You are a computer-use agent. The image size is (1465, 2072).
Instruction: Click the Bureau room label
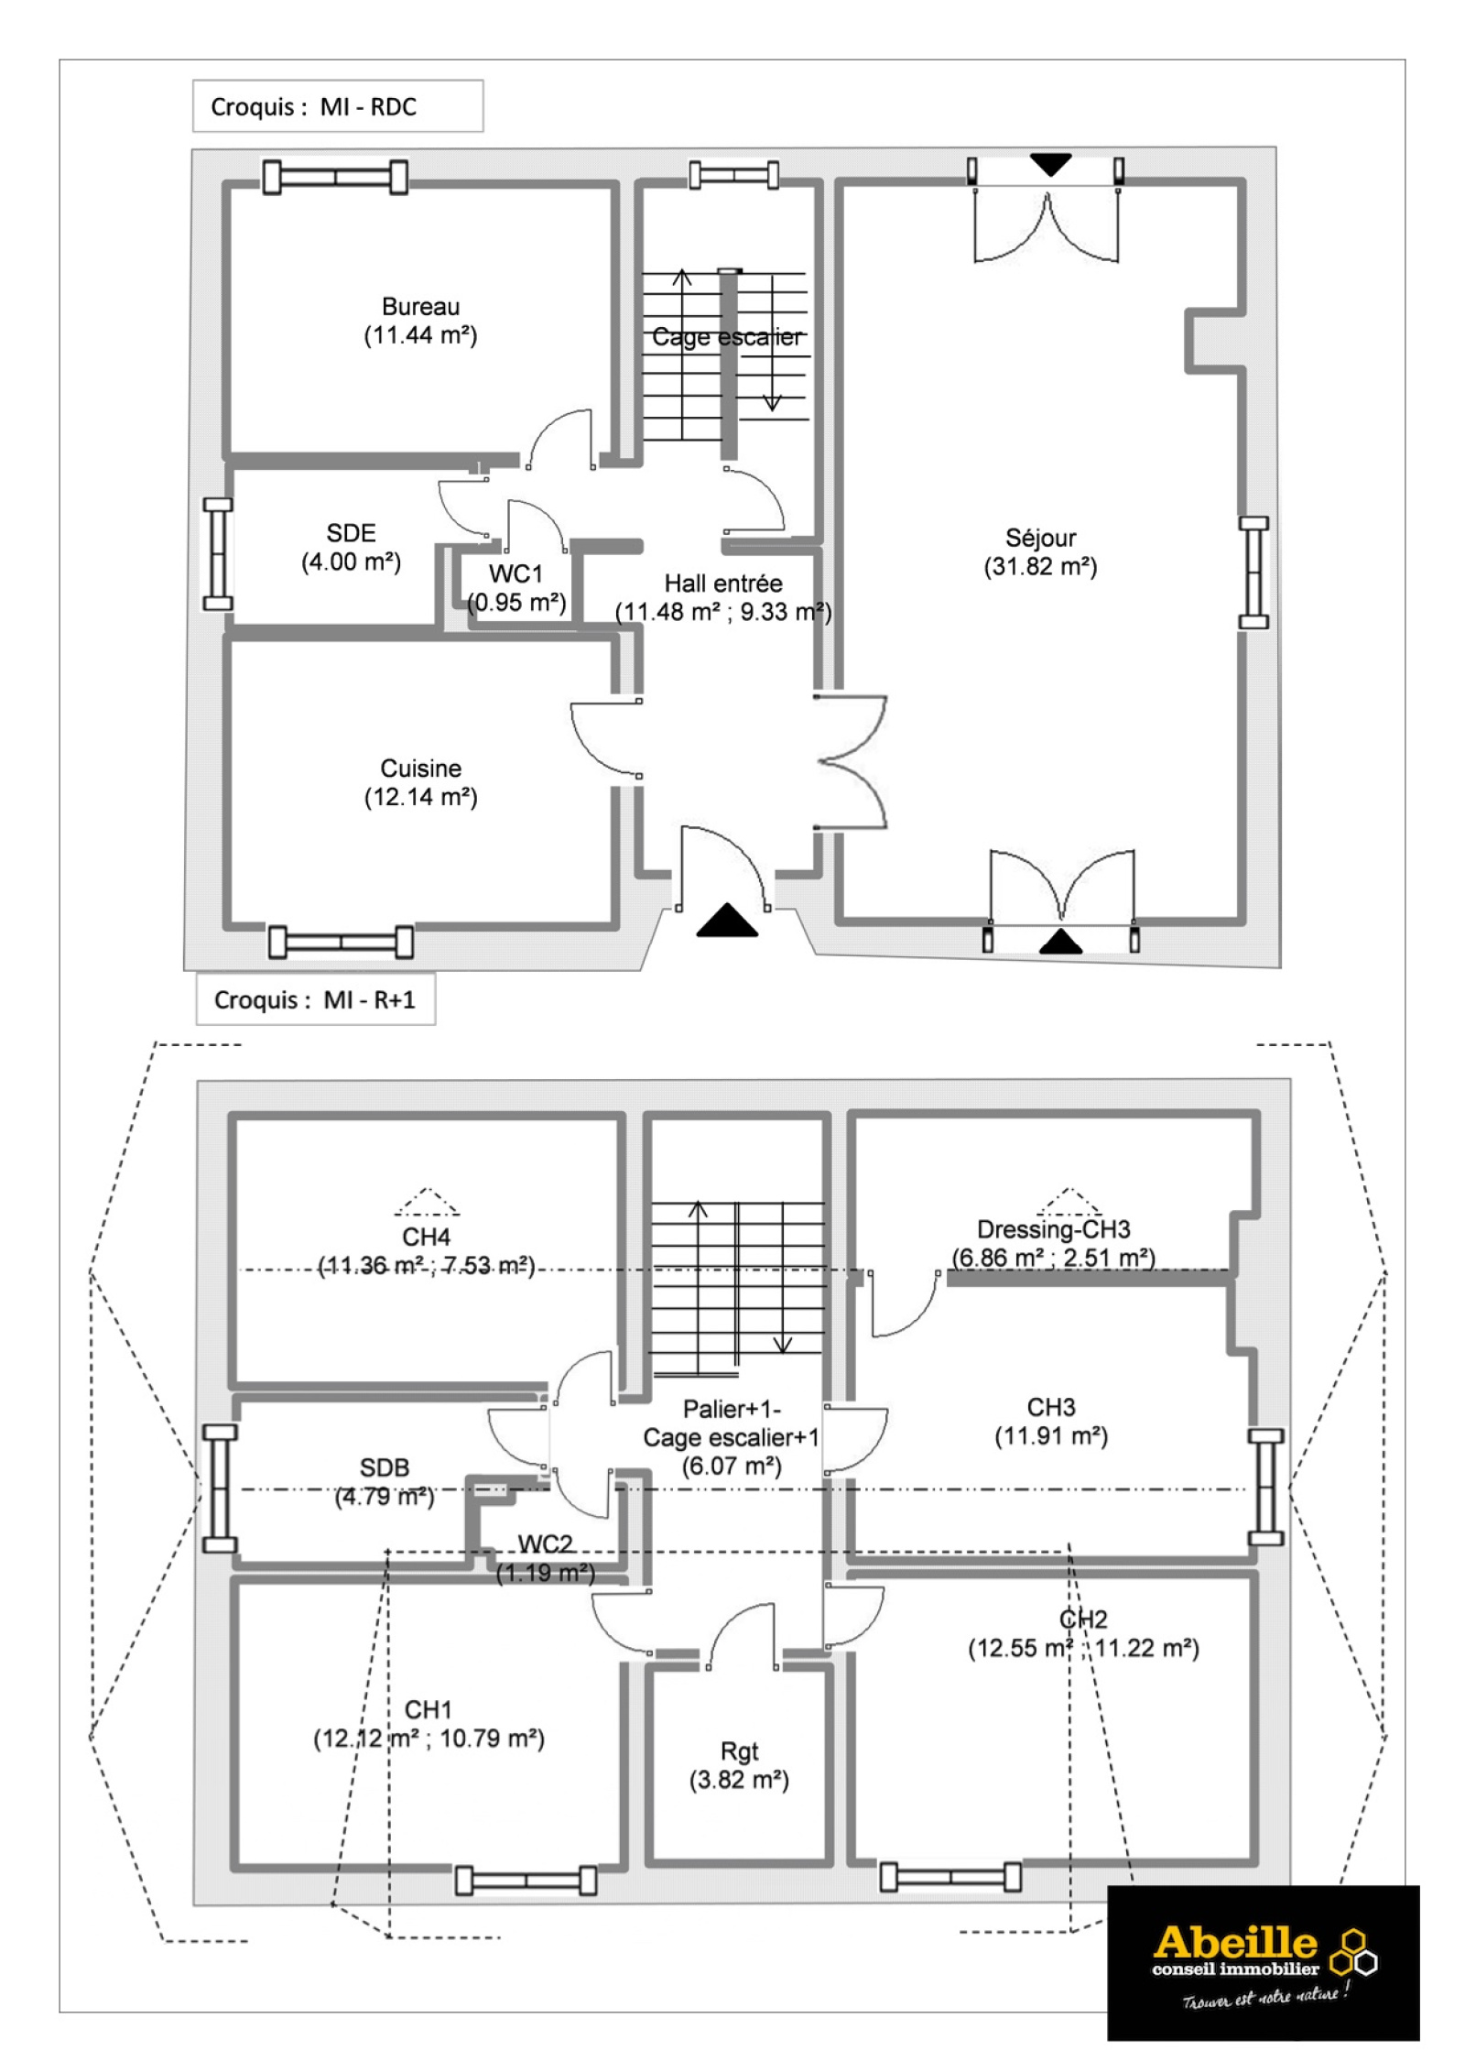420,307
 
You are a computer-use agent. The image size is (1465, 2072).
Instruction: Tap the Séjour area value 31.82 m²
1040,567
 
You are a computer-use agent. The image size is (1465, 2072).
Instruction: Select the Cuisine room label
420,769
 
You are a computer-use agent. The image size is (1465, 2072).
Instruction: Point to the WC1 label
515,574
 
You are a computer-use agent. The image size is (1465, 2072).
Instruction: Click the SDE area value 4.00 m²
351,562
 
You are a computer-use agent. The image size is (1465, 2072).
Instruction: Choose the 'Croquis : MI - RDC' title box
338,106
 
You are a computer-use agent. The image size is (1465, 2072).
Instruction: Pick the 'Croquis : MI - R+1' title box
315,999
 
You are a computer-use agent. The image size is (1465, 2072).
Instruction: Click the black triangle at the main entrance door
727,921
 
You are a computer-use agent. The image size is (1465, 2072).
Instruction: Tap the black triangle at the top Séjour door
1050,165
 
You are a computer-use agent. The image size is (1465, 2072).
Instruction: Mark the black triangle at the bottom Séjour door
1060,942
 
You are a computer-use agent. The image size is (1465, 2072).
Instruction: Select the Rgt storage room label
739,1751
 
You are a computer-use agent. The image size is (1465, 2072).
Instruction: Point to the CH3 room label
1050,1407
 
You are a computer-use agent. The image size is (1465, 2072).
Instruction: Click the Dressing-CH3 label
1053,1229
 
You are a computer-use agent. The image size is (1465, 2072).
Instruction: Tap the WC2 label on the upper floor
545,1544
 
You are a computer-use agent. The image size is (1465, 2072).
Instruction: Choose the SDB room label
384,1467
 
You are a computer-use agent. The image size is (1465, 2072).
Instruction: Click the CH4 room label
426,1237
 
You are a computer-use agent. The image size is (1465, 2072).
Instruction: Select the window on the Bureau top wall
335,177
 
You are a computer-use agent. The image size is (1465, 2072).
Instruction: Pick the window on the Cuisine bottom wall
341,942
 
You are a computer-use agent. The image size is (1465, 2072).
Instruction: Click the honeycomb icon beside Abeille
1352,1952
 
